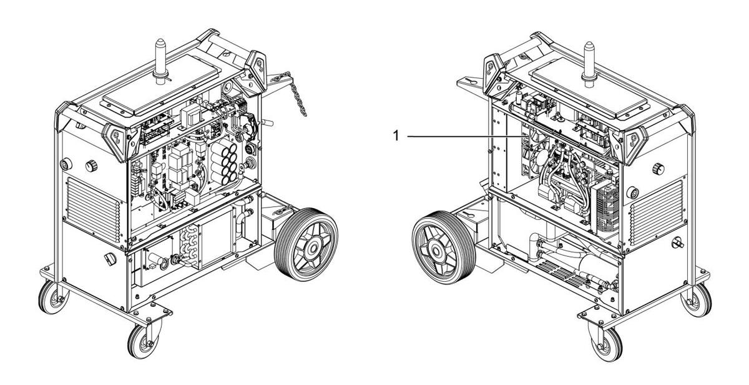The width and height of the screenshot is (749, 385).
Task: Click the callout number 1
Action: pos(396,136)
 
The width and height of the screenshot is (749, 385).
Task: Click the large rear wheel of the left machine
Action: pos(306,244)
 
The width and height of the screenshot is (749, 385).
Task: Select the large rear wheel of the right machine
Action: pos(444,247)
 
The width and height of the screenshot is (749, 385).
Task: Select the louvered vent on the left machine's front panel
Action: pos(93,209)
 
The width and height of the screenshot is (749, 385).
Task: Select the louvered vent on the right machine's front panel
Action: pos(657,213)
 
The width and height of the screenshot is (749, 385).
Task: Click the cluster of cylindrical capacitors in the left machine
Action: pos(223,162)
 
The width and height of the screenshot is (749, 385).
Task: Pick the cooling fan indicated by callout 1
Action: pos(536,152)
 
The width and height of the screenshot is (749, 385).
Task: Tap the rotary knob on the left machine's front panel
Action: pos(91,166)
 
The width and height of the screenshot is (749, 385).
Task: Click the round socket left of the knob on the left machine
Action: pos(66,163)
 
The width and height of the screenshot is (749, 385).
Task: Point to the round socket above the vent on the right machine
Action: pos(633,192)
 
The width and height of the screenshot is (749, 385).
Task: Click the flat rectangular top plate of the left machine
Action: pos(162,85)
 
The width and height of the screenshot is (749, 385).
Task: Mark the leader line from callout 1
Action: pos(465,136)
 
